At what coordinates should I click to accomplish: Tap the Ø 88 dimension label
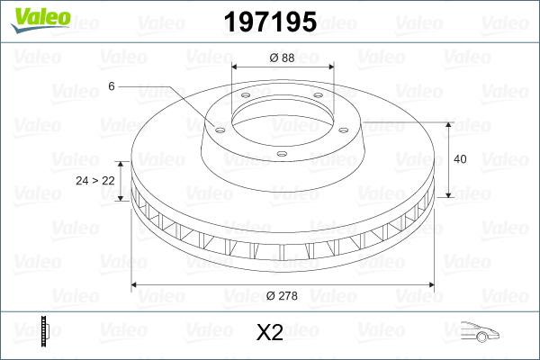coord(282,58)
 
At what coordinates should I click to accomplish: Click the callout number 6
coord(112,86)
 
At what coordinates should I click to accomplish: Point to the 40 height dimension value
coord(461,159)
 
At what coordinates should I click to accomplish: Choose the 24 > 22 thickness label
coord(94,181)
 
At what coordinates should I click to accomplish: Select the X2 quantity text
coord(270,333)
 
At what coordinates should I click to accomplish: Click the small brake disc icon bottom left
coord(44,331)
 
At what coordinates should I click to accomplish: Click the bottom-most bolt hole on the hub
coord(282,154)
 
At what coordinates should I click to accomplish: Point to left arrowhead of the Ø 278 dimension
coord(136,285)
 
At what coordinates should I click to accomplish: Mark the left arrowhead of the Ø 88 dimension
coord(236,67)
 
